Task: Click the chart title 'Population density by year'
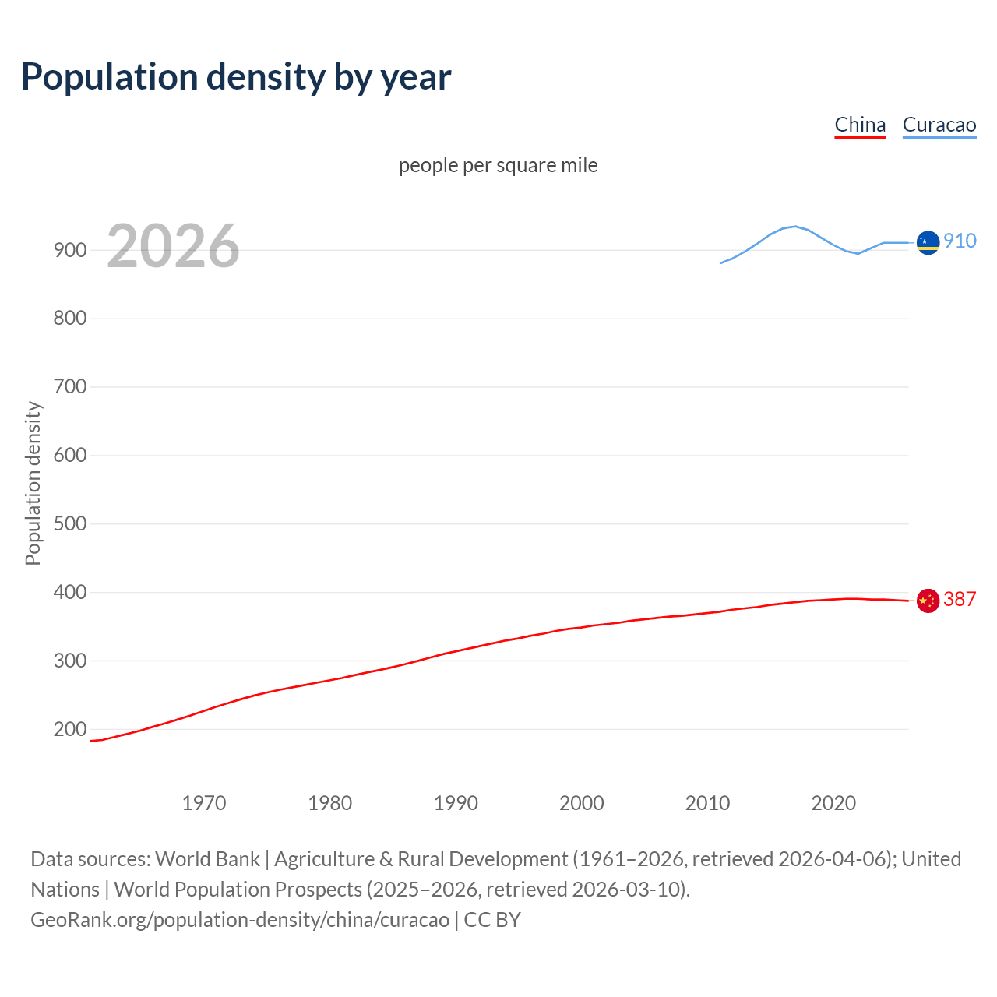pyautogui.click(x=236, y=76)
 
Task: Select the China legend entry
pyautogui.click(x=860, y=125)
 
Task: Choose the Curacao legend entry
pyautogui.click(x=939, y=125)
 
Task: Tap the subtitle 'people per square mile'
pyautogui.click(x=498, y=165)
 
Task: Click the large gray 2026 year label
pyautogui.click(x=173, y=246)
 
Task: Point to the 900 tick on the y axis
pyautogui.click(x=70, y=250)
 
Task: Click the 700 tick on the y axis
pyautogui.click(x=70, y=387)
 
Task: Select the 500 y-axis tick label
pyautogui.click(x=70, y=523)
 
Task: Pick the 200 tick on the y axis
pyautogui.click(x=70, y=730)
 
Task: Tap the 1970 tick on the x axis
pyautogui.click(x=204, y=803)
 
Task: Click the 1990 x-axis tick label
pyautogui.click(x=456, y=803)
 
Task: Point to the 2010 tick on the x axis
pyautogui.click(x=707, y=803)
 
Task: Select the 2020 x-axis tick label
pyautogui.click(x=833, y=803)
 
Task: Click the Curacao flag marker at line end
pyautogui.click(x=928, y=242)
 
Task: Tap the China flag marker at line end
pyautogui.click(x=928, y=601)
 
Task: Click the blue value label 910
pyautogui.click(x=960, y=241)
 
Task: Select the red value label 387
pyautogui.click(x=960, y=599)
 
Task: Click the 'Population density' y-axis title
pyautogui.click(x=33, y=483)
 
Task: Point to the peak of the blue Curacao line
pyautogui.click(x=794, y=226)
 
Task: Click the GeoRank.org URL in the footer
pyautogui.click(x=240, y=920)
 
